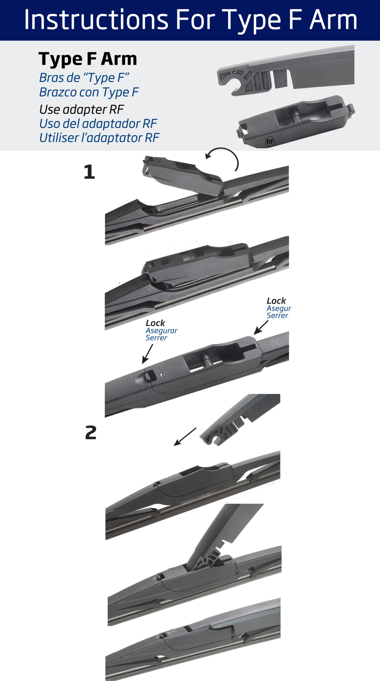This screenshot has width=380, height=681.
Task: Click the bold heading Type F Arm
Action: [88, 59]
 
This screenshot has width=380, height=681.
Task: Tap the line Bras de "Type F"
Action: [84, 78]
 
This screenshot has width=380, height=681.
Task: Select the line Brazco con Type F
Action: [89, 92]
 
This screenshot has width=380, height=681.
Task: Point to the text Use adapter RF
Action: [81, 109]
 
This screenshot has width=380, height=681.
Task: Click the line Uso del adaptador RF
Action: [98, 123]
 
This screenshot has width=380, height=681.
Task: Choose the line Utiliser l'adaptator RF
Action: [99, 138]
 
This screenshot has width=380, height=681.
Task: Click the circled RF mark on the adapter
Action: [270, 142]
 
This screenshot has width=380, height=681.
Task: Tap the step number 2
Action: [91, 432]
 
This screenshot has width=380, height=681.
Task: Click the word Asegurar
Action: [161, 331]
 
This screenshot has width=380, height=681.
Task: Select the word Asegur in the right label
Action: [279, 309]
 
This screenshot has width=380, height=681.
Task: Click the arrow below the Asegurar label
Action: [148, 354]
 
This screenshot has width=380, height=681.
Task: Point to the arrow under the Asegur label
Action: [261, 327]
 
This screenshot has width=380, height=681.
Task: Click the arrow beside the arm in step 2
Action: [185, 437]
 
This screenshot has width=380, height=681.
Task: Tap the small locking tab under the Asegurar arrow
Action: [150, 376]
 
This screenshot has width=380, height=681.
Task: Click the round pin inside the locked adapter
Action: [206, 361]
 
